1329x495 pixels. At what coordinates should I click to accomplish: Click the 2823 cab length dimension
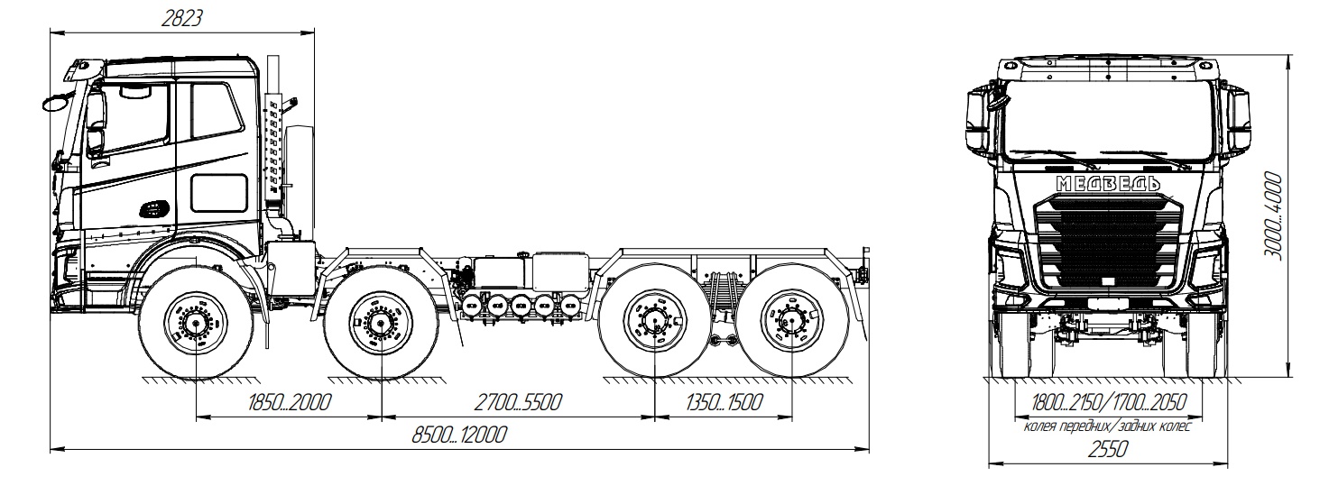(x=182, y=19)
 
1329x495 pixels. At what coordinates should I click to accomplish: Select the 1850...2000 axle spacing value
(x=289, y=402)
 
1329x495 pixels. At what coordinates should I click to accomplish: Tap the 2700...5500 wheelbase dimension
(x=518, y=402)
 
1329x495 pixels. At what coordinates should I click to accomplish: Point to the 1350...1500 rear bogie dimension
(x=724, y=402)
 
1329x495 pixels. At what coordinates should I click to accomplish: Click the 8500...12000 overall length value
(x=460, y=435)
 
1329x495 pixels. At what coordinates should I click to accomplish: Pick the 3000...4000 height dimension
(x=1272, y=215)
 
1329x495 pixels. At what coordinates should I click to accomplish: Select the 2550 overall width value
(x=1108, y=449)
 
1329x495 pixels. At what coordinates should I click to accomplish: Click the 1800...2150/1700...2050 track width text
(x=1109, y=402)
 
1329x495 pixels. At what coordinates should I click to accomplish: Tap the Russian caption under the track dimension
(x=1107, y=426)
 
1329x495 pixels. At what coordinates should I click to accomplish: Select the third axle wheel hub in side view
(x=654, y=323)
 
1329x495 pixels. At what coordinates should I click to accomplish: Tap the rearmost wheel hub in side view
(x=792, y=323)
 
